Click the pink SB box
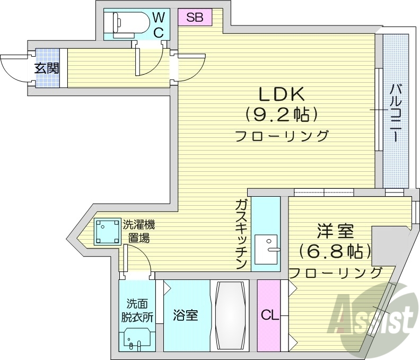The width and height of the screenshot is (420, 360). coord(195,17)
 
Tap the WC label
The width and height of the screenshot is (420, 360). coord(159,25)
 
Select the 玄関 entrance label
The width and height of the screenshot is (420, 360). coord(47,68)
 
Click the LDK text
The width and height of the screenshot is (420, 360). coord(281,94)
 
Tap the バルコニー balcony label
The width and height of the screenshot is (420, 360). coord(396,113)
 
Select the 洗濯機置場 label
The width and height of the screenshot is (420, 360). coord(139,231)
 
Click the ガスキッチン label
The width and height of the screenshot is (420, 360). coord(241,233)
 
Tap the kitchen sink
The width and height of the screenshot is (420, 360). coord(267,249)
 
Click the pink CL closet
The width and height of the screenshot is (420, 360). coord(269,315)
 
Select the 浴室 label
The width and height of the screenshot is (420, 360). coord(186,315)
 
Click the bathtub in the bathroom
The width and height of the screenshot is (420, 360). coord(230,315)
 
